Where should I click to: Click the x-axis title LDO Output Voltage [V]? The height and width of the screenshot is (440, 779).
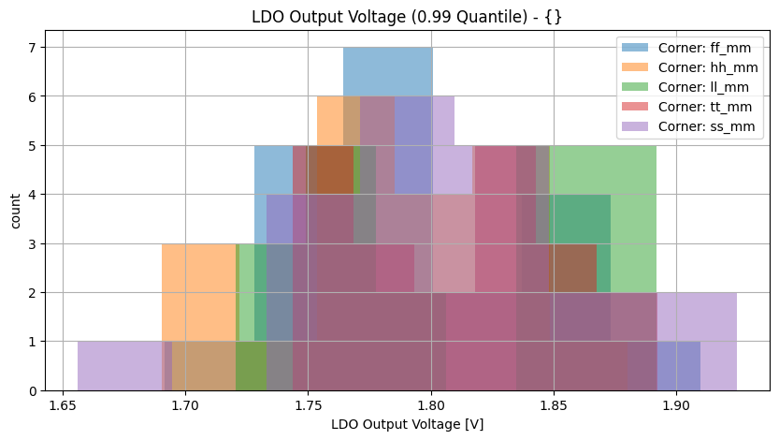[x=407, y=424]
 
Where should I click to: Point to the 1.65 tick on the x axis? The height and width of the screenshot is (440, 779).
[x=63, y=404]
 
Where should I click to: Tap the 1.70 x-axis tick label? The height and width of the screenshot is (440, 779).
[x=185, y=404]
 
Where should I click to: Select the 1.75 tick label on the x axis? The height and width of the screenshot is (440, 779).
[x=308, y=404]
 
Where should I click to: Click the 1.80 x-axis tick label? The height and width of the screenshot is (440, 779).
[x=431, y=404]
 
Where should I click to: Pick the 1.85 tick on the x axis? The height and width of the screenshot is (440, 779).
[x=554, y=404]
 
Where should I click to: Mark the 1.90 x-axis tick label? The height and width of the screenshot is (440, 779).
[x=676, y=404]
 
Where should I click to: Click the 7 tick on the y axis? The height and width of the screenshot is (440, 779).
[x=30, y=48]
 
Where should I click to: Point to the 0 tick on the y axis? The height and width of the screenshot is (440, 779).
[x=30, y=390]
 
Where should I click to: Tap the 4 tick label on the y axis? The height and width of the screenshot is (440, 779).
[x=30, y=195]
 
